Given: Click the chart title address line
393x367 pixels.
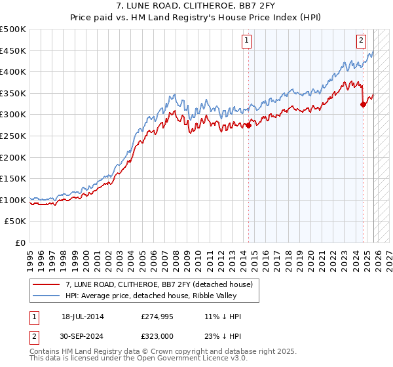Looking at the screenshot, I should [x=196, y=6].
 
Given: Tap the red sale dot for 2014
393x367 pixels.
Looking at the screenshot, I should [x=249, y=126].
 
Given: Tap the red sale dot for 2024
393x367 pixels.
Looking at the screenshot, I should [x=364, y=105].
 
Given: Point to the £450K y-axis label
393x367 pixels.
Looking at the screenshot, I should [x=13, y=51].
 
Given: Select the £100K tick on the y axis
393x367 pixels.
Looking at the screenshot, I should [x=13, y=200].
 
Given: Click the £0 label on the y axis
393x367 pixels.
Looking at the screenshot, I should [x=20, y=242].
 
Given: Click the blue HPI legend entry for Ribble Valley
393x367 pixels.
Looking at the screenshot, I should [x=154, y=296].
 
